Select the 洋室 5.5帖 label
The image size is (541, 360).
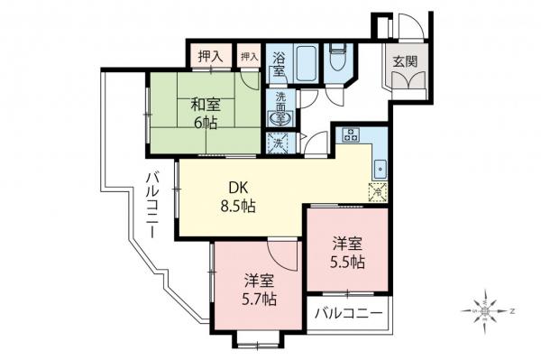click(x=347, y=253)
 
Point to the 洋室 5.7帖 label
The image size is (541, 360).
click(x=259, y=289)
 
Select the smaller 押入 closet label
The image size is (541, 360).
click(x=249, y=56)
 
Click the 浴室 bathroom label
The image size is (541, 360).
click(x=280, y=61)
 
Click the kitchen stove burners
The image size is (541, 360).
click(x=351, y=137)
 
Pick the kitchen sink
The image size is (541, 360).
click(x=380, y=167)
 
